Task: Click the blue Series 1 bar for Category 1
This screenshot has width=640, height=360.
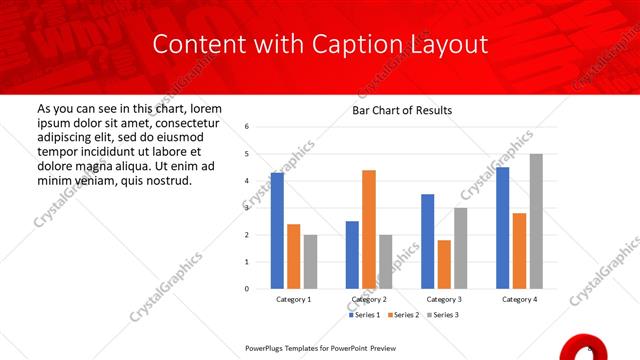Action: click(x=277, y=230)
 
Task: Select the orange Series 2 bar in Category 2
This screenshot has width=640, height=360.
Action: click(x=369, y=229)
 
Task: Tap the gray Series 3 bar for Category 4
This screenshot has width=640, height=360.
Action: click(x=536, y=221)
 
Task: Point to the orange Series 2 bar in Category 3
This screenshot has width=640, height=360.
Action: click(x=444, y=264)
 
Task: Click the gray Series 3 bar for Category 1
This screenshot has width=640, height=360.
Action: click(x=310, y=261)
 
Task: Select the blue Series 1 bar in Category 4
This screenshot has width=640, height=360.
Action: click(x=503, y=227)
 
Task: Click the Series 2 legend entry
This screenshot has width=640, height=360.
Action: click(x=403, y=315)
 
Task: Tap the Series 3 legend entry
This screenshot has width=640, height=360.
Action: click(x=443, y=315)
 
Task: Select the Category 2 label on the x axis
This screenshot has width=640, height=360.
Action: click(x=369, y=299)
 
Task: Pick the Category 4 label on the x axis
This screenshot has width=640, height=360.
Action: click(x=519, y=299)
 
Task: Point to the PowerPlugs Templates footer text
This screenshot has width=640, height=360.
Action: click(x=330, y=349)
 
